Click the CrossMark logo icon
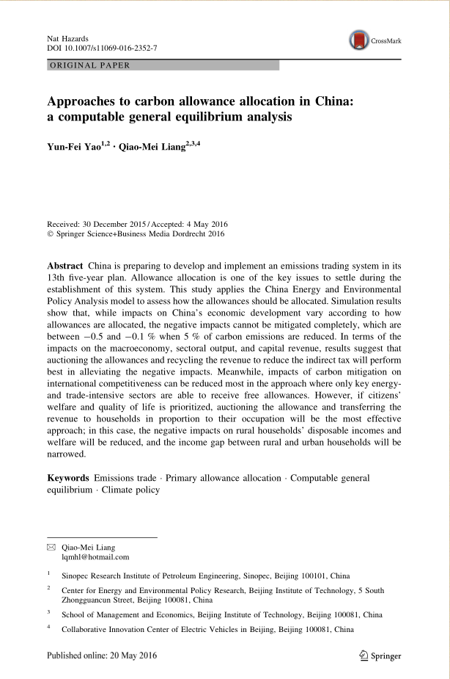358,40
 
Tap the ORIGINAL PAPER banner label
89,65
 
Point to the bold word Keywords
68,478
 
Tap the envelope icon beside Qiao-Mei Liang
51,547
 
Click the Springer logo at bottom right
381,656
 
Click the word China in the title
333,101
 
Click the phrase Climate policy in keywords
130,490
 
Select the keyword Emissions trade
125,478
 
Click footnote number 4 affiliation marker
48,628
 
